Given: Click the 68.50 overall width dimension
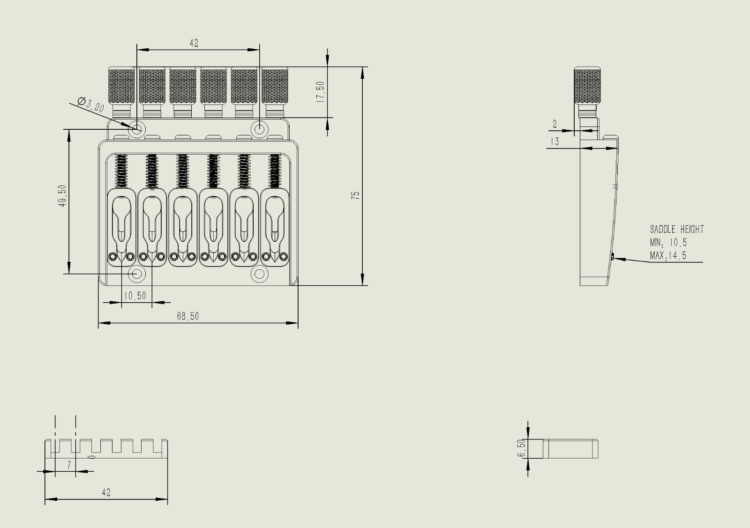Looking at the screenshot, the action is coord(188,316).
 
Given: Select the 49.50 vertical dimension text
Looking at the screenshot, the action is coord(63,196).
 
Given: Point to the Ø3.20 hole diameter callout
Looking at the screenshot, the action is coord(91,104).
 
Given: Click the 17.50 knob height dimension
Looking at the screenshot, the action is coord(321,92).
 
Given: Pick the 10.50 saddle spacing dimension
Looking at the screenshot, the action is coord(135,296).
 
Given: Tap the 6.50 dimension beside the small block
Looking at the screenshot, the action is coord(521,448).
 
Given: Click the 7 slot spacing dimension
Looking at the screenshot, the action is coord(69,465).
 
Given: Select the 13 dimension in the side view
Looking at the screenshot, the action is coord(555,141).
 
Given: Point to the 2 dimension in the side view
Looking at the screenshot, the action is coord(555,124).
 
